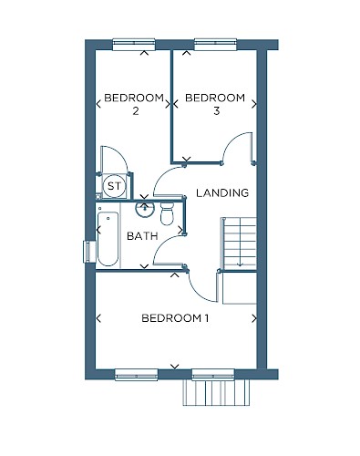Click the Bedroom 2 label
point(134,104)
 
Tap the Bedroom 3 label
point(215,104)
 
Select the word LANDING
point(222,192)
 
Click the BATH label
point(142,236)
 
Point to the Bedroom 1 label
point(175,318)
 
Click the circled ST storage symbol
point(114,186)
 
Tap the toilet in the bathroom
point(167,213)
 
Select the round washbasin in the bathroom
point(145,209)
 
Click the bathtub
point(108,239)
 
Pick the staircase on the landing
point(240,244)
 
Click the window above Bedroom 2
point(134,45)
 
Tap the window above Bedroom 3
point(215,45)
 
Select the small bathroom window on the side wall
point(88,252)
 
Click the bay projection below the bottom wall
point(216,392)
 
